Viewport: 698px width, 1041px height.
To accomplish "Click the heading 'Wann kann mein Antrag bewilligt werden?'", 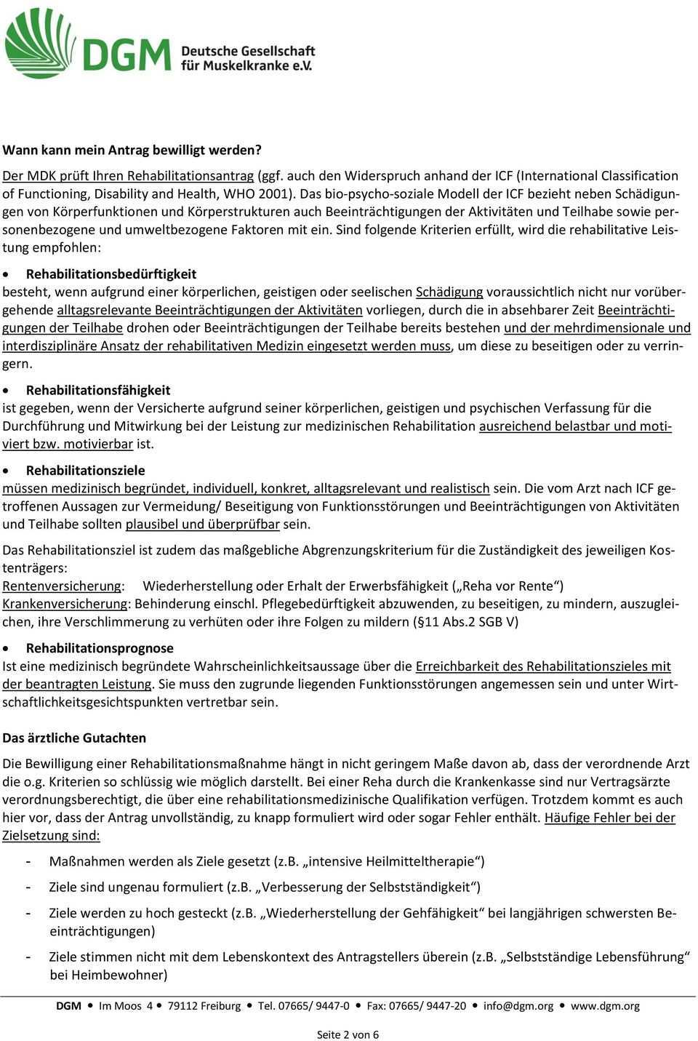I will pyautogui.click(x=132, y=151).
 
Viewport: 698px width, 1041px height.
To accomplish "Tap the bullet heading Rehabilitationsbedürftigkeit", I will pyautogui.click(x=111, y=274).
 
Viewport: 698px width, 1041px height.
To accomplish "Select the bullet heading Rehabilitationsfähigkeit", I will pyautogui.click(x=98, y=390).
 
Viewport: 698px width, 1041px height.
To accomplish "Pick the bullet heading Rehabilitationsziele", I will pyautogui.click(x=85, y=470).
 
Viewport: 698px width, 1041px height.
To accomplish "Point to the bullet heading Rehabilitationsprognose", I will pyautogui.click(x=100, y=647).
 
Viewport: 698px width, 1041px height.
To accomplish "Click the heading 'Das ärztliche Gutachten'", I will pyautogui.click(x=74, y=737).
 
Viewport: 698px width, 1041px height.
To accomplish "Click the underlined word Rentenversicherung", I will pyautogui.click(x=62, y=586).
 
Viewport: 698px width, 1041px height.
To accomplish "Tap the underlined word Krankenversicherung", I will pyautogui.click(x=65, y=604).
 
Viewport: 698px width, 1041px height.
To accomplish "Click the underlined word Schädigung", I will pyautogui.click(x=449, y=292).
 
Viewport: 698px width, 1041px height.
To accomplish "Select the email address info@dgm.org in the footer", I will pyautogui.click(x=518, y=1006).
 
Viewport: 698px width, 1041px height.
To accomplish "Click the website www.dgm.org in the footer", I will pyautogui.click(x=606, y=1006).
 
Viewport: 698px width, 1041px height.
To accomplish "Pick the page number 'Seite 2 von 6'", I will pyautogui.click(x=348, y=1034).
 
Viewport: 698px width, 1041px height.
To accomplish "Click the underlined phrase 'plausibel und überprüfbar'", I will pyautogui.click(x=203, y=524).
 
